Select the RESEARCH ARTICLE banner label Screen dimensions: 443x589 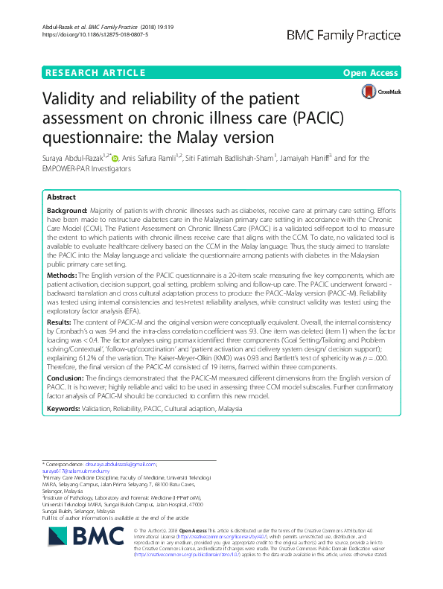pos(95,72)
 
